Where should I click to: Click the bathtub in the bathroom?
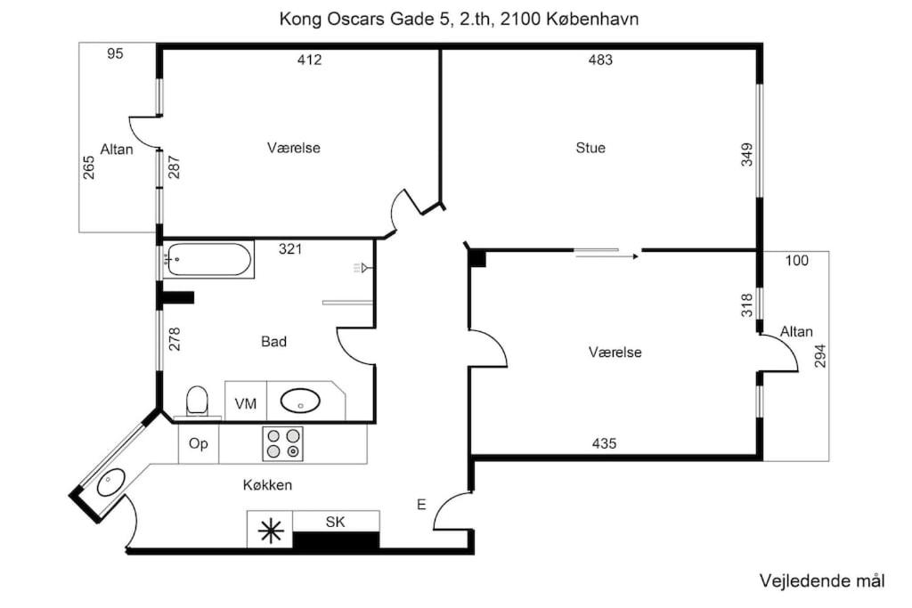click(x=208, y=259)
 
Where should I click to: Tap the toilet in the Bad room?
click(x=197, y=401)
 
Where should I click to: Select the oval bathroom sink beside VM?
click(x=300, y=401)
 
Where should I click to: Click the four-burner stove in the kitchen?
click(x=282, y=443)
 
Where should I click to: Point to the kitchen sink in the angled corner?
click(x=110, y=482)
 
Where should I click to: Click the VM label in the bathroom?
click(x=246, y=403)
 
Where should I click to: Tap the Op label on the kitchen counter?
click(x=199, y=444)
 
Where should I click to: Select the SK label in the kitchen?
click(x=335, y=522)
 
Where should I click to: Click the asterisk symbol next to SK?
click(x=271, y=531)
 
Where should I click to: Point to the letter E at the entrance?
click(x=421, y=505)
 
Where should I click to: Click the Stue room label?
click(x=590, y=148)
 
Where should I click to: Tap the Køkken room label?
click(x=267, y=485)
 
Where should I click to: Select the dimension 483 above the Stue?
click(x=600, y=60)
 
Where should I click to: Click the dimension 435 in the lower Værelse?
click(x=604, y=443)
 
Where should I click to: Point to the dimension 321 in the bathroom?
click(x=290, y=248)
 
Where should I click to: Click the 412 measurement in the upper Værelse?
click(x=309, y=60)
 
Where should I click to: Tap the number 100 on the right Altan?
click(x=797, y=261)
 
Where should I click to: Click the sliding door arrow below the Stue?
click(x=607, y=255)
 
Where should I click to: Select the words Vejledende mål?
click(x=822, y=580)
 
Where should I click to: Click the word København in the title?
click(x=592, y=19)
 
